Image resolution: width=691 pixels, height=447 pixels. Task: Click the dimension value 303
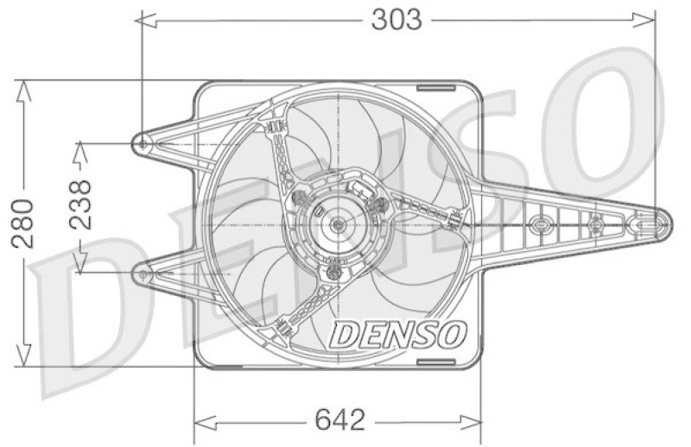pos(396,19)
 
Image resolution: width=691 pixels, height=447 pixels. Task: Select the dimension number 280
pos(23,223)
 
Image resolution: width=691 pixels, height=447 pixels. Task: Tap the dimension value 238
pos(79,205)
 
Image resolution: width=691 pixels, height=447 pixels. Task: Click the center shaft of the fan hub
pos(338,224)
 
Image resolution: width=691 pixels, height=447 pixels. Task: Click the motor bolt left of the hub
pos(300,199)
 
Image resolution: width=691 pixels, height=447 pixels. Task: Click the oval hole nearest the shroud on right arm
pos(541,224)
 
